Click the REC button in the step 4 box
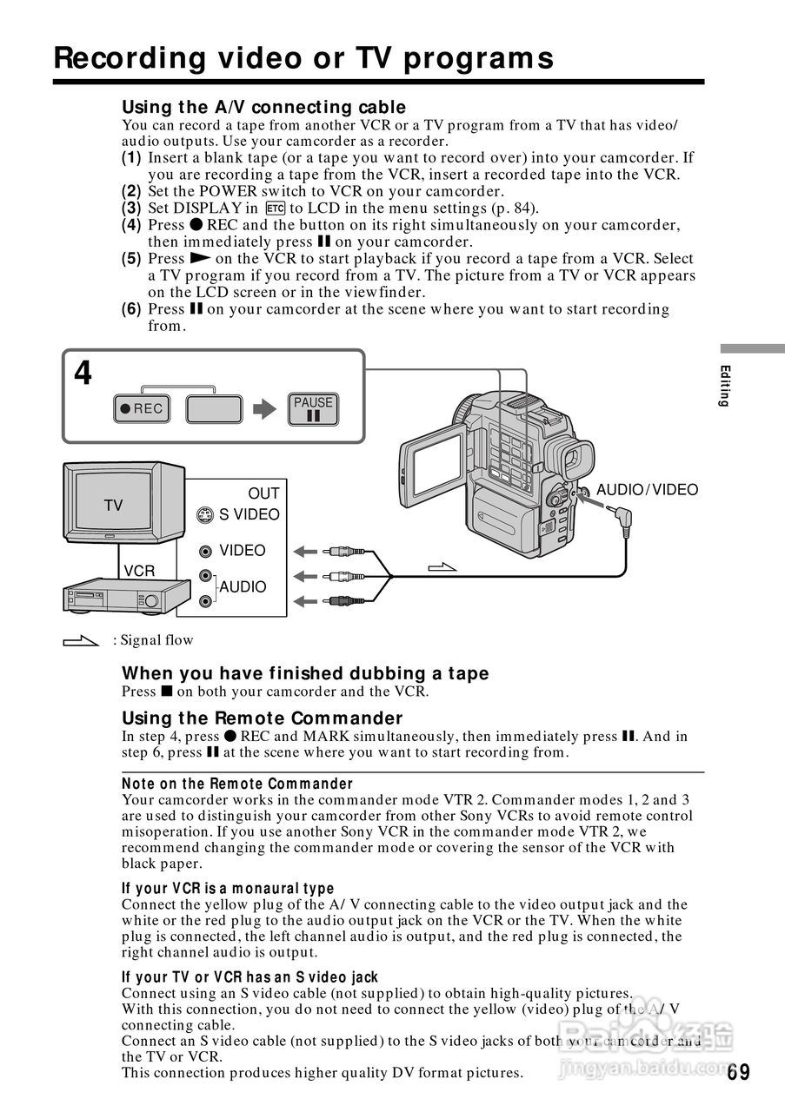click(x=142, y=409)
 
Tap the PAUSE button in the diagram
click(x=313, y=409)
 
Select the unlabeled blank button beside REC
click(x=214, y=409)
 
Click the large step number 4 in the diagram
click(x=83, y=374)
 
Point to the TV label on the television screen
click(x=114, y=505)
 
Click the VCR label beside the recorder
click(x=139, y=571)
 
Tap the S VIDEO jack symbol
click(x=204, y=514)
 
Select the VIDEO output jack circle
click(x=205, y=551)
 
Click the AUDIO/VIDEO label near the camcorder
click(x=647, y=490)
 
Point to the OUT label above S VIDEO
click(x=263, y=493)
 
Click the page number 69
click(x=739, y=1072)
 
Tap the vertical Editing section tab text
click(x=723, y=387)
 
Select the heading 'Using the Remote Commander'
click(x=262, y=718)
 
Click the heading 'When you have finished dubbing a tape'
click(x=305, y=673)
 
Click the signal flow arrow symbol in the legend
click(x=82, y=641)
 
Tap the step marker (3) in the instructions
click(x=131, y=208)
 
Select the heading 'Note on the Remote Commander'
click(x=237, y=784)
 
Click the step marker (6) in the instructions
click(x=131, y=309)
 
